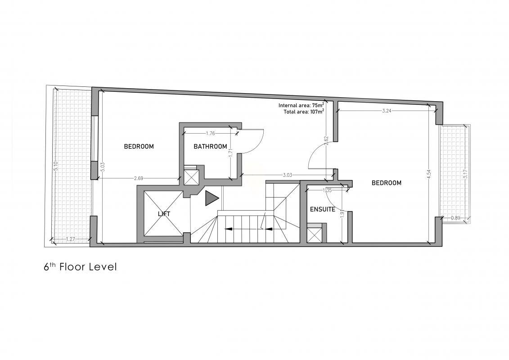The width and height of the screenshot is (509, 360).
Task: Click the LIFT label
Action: pyautogui.click(x=164, y=214)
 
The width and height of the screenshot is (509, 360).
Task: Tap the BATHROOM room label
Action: pyautogui.click(x=210, y=146)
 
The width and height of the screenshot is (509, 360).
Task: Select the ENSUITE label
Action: pyautogui.click(x=322, y=209)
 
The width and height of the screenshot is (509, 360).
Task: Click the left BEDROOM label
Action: pyautogui.click(x=139, y=146)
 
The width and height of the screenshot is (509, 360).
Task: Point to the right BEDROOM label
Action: pyautogui.click(x=386, y=183)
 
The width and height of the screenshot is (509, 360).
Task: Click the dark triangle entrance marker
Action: pyautogui.click(x=212, y=198)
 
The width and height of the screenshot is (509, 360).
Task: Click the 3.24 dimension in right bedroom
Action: pyautogui.click(x=387, y=111)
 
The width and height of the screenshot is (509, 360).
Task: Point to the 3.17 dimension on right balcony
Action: pyautogui.click(x=466, y=175)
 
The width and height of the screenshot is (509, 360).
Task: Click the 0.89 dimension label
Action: pyautogui.click(x=456, y=218)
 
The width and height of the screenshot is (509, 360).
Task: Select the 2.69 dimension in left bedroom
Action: pyautogui.click(x=139, y=178)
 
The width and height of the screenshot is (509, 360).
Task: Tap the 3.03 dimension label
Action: pyautogui.click(x=288, y=175)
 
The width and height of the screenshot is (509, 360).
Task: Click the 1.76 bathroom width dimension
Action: pyautogui.click(x=211, y=133)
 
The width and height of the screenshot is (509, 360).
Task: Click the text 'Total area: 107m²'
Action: pyautogui.click(x=304, y=112)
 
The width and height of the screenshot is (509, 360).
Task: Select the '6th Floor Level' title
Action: pyautogui.click(x=80, y=267)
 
